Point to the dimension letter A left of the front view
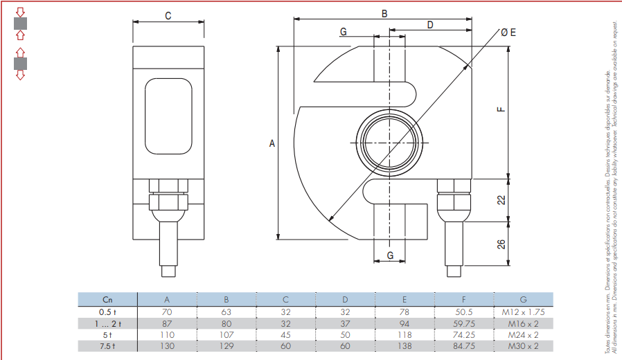click(272, 143)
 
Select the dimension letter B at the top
click(384, 13)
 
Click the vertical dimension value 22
click(501, 199)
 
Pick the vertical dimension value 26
click(501, 243)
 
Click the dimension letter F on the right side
click(501, 109)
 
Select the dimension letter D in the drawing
click(429, 24)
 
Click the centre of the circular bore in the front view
click(389, 142)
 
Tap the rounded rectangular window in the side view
click(168, 116)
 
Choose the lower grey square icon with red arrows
click(20, 64)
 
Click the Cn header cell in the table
click(107, 300)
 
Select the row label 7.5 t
click(107, 346)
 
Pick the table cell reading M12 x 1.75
click(522, 312)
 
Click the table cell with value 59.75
click(463, 323)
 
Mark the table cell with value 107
click(226, 335)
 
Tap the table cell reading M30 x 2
click(522, 346)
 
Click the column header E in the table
click(405, 300)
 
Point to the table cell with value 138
click(405, 346)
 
